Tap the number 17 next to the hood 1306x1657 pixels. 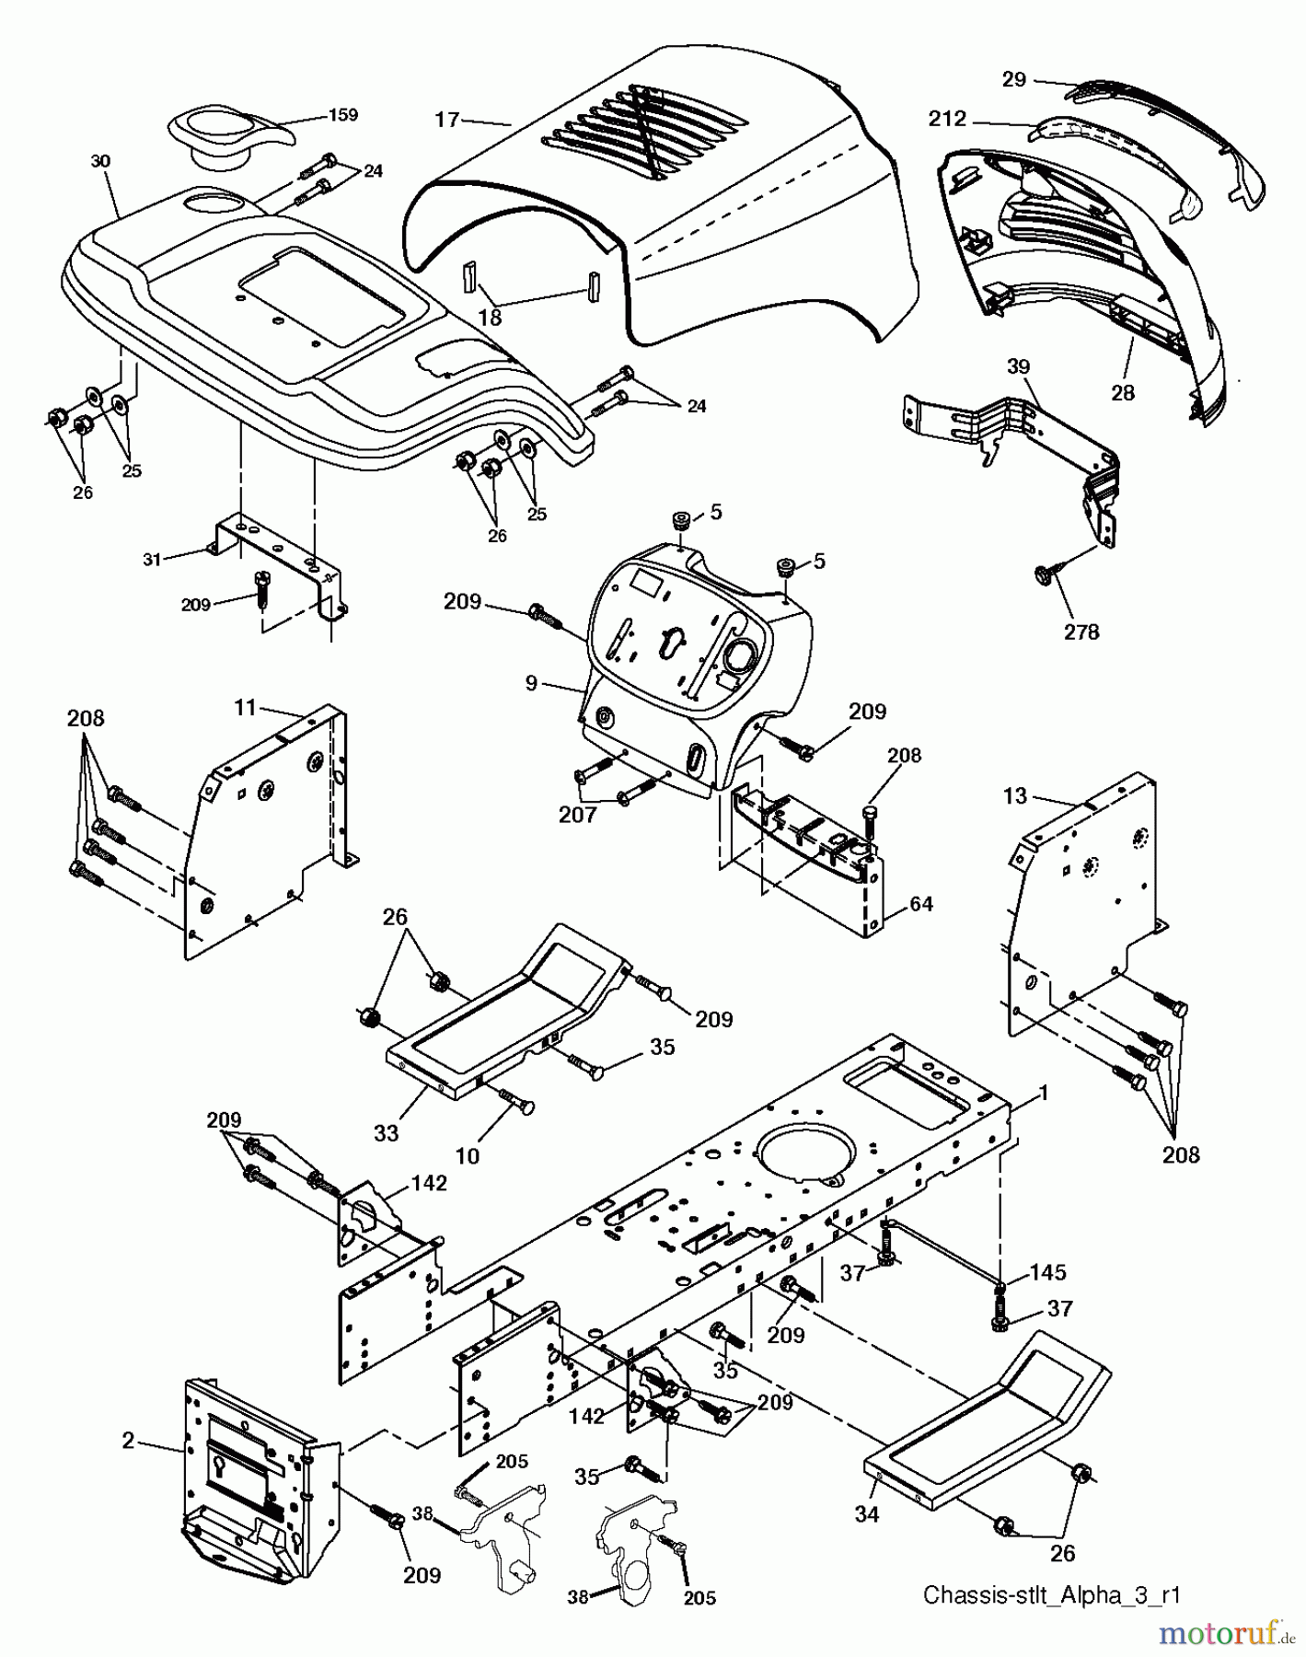pos(447,121)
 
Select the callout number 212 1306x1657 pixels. pos(947,119)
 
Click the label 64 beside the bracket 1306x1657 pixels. pos(920,904)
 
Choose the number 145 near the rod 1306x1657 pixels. pos(1046,1272)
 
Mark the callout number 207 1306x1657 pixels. pos(577,815)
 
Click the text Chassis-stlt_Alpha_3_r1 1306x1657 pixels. pos(1052,1594)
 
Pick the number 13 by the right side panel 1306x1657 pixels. pos(1014,795)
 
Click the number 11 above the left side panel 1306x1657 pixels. pos(245,708)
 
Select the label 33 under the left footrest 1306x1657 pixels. pos(386,1132)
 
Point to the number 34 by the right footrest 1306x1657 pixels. pos(867,1513)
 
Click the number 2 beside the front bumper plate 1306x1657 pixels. pos(129,1441)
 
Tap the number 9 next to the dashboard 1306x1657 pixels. pos(531,683)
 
